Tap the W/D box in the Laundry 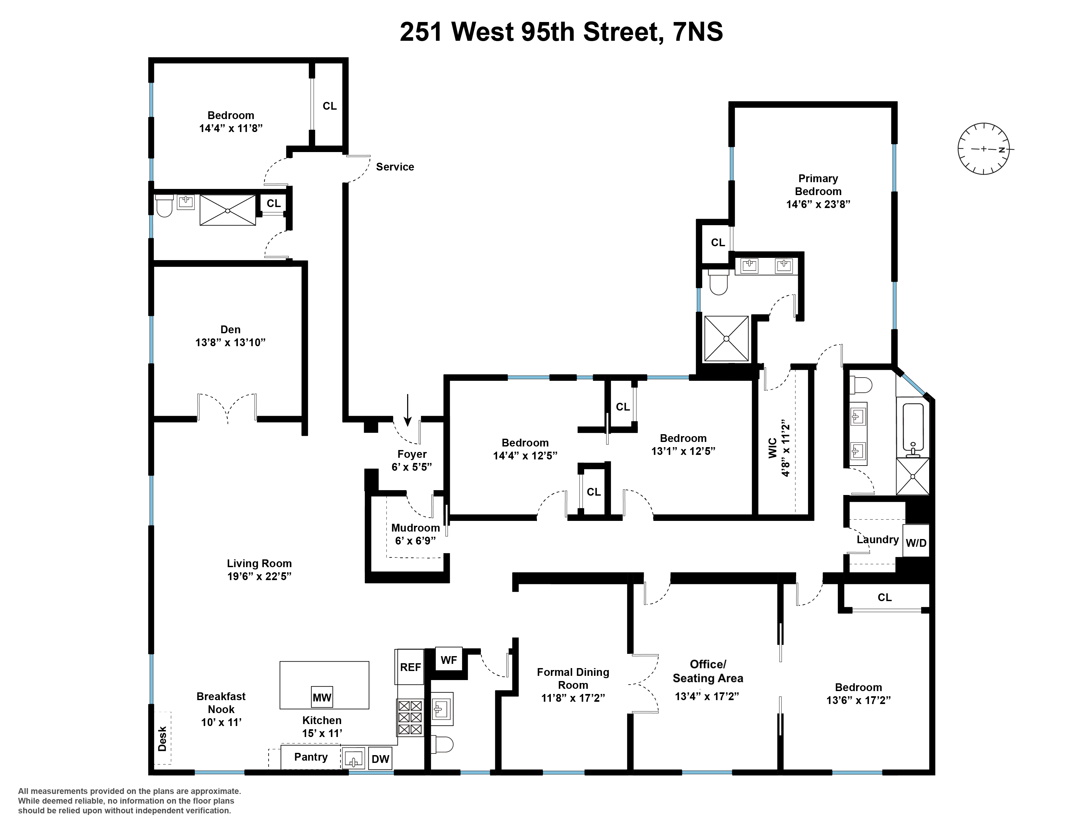916,543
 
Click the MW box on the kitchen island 322,698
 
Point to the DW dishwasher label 380,759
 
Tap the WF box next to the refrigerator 449,660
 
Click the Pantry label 310,757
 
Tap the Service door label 395,167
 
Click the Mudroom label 415,528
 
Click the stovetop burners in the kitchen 410,718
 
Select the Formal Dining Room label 573,678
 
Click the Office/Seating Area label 707,671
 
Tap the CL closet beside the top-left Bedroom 329,106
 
